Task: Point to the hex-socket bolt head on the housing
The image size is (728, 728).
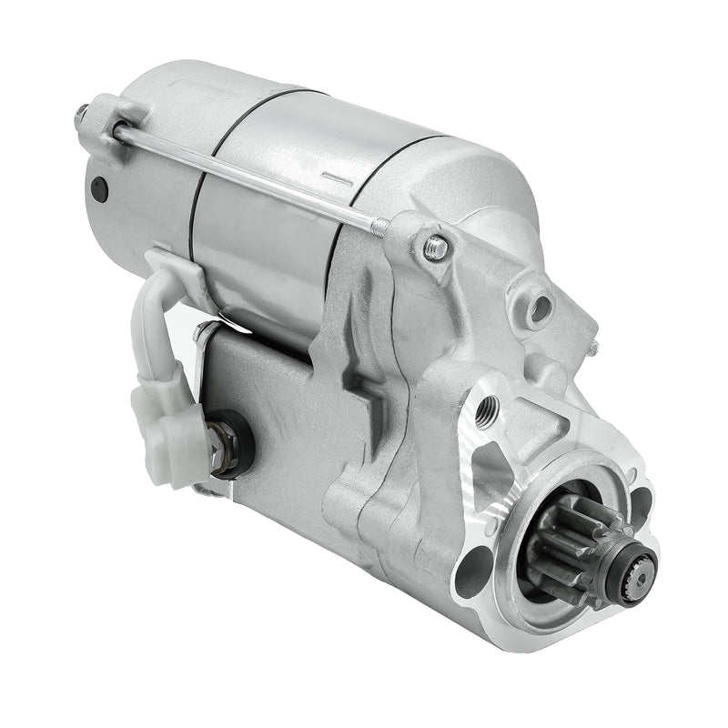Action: coord(436,246)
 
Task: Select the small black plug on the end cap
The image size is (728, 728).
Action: coord(99,189)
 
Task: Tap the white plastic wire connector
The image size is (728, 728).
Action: coord(168,423)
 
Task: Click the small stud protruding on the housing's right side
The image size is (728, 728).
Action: coord(592,347)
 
